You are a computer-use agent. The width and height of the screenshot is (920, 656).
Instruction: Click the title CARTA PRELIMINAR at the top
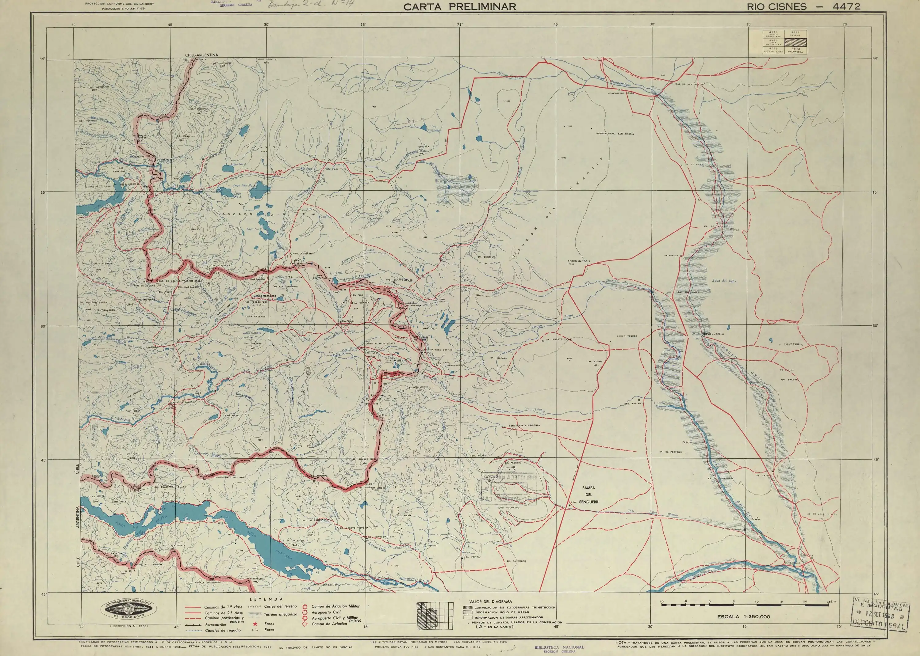[x=460, y=6]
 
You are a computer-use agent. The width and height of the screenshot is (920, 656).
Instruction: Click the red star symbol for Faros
[x=255, y=624]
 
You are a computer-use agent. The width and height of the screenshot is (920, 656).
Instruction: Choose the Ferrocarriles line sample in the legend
[x=193, y=625]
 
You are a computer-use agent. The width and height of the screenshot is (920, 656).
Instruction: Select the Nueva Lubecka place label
[x=713, y=334]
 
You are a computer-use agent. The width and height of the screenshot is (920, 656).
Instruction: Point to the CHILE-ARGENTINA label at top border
[x=201, y=55]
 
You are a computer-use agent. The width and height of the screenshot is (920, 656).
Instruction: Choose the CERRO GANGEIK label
[x=579, y=261]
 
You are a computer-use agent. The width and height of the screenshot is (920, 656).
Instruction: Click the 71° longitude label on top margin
[x=460, y=25]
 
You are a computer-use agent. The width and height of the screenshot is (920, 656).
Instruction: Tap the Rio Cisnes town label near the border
[x=348, y=321]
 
